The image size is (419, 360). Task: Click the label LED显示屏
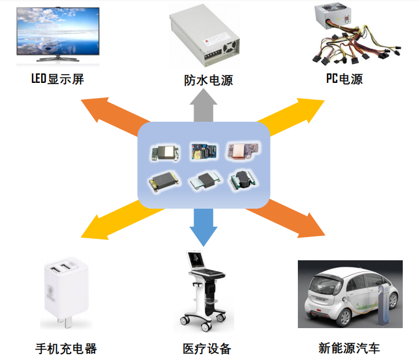pos(58,79)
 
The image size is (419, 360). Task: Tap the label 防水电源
pos(209,80)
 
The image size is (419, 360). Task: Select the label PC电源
pos(344,79)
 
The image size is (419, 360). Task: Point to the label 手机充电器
pos(66,349)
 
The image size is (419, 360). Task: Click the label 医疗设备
pos(207,349)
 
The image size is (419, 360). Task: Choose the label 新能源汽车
pos(349,348)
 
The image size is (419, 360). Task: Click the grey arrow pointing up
pos(203,106)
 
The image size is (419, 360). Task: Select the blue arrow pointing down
pos(203,227)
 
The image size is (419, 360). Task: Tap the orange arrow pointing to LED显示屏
pos(115,117)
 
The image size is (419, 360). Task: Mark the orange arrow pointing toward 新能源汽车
pos(285,219)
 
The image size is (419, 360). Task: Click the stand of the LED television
pos(58,59)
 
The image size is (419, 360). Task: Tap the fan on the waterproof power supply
pos(229,48)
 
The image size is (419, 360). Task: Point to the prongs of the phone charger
pos(65,322)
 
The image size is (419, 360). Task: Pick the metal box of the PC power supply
pos(333,17)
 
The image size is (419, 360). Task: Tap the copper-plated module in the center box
pos(242,151)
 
